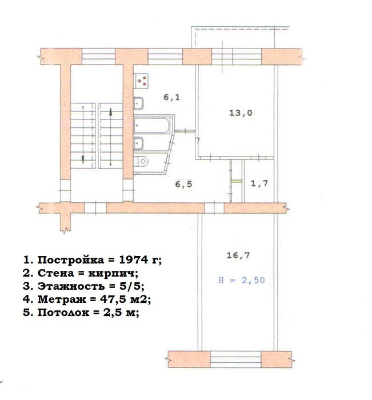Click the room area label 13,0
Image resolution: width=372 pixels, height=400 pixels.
(241, 113)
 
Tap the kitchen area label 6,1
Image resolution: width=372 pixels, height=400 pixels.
(171, 97)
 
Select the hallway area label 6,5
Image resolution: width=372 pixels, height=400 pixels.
(183, 184)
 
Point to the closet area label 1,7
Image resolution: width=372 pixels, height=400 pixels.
(259, 183)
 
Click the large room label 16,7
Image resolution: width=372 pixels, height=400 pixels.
(238, 255)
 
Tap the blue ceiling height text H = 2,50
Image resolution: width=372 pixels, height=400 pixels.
(241, 280)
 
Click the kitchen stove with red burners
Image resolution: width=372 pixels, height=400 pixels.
(141, 81)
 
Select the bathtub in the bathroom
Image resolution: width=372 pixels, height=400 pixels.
(152, 125)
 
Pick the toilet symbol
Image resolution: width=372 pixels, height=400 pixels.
(141, 161)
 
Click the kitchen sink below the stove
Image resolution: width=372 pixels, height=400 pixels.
(138, 103)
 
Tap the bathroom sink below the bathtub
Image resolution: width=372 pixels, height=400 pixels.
(138, 143)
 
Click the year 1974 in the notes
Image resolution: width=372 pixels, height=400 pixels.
(134, 259)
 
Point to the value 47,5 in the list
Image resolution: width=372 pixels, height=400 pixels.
(113, 299)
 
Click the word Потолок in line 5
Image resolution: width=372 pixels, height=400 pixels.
(63, 312)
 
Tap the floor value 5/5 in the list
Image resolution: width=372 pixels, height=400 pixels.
(130, 286)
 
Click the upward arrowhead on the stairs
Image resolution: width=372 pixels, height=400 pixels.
(110, 111)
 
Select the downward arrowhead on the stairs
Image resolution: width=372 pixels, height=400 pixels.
(83, 159)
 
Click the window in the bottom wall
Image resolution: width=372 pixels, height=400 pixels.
(236, 359)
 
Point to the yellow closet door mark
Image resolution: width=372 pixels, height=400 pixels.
(237, 181)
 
